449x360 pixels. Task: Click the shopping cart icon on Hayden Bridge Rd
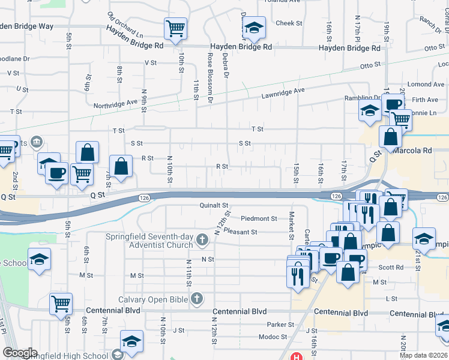pos(175,28)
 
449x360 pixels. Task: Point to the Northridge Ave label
pos(115,105)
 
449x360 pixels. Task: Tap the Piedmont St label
pos(259,219)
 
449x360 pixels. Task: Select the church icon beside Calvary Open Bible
pos(197,298)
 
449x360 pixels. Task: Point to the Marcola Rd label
pos(414,151)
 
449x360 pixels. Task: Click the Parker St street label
pos(280,325)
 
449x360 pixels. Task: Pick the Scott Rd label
pos(390,268)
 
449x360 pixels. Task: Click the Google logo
pos(20,353)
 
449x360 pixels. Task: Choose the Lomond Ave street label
pos(424,85)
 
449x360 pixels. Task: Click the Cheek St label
pos(289,23)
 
